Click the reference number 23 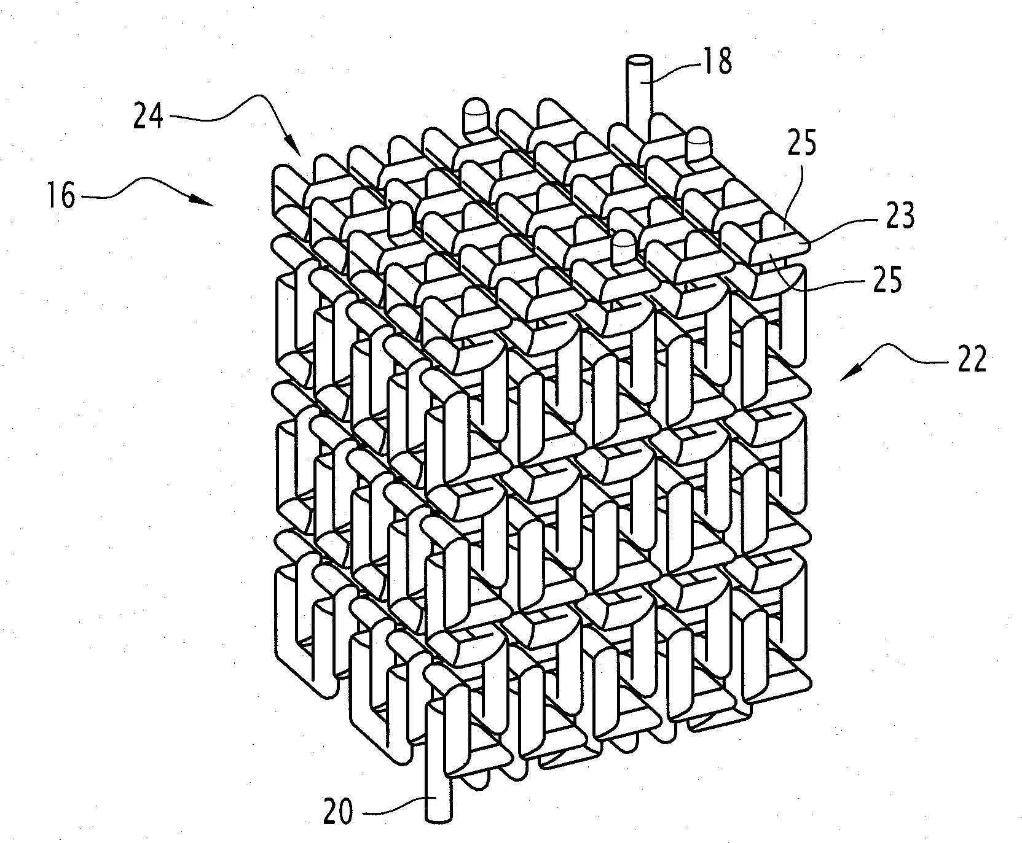900,216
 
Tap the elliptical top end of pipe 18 640,61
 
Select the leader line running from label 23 839,233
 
